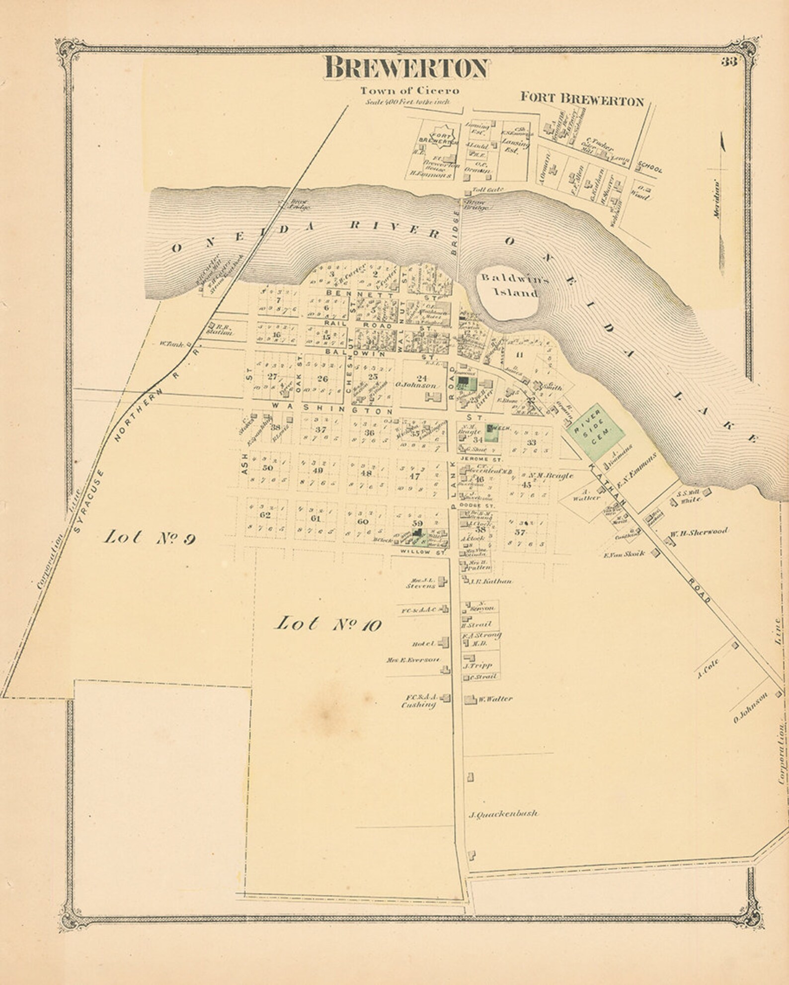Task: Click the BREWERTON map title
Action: (406, 69)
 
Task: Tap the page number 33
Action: (729, 62)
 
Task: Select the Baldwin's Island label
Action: (514, 286)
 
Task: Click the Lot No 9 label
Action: (150, 538)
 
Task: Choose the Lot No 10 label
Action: (328, 623)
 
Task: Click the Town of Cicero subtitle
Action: (409, 90)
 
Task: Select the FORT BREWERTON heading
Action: (581, 99)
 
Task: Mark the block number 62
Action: (265, 515)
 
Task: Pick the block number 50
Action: (268, 468)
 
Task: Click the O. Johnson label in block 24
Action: (416, 385)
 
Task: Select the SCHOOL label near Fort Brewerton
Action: (651, 167)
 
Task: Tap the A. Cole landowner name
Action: (708, 668)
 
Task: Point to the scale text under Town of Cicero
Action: (407, 101)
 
